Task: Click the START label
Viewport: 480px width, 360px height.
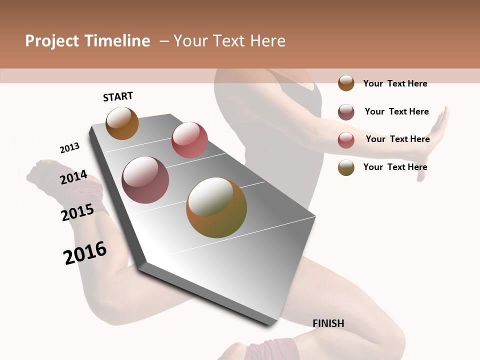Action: point(118,96)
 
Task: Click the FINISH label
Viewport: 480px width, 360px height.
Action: point(328,323)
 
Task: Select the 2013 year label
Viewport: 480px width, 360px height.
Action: point(69,148)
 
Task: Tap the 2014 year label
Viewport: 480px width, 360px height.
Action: point(73,177)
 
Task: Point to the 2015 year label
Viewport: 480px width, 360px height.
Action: point(77,212)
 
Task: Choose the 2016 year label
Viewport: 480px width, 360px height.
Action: point(85,253)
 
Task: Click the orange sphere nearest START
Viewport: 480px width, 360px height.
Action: point(122,123)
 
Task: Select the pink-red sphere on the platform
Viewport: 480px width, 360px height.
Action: point(189,140)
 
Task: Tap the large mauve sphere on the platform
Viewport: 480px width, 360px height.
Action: point(145,180)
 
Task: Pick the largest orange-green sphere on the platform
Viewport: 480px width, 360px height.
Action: point(216,207)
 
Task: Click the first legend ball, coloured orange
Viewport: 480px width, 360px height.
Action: point(346,83)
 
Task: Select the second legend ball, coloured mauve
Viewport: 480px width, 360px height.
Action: point(346,112)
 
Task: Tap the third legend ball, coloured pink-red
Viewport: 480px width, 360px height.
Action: point(346,140)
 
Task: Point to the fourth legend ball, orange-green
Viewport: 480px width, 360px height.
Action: point(346,167)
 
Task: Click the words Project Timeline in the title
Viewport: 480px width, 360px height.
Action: point(87,41)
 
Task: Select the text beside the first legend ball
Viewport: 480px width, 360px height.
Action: point(395,83)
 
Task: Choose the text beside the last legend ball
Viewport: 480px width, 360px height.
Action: point(395,167)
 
